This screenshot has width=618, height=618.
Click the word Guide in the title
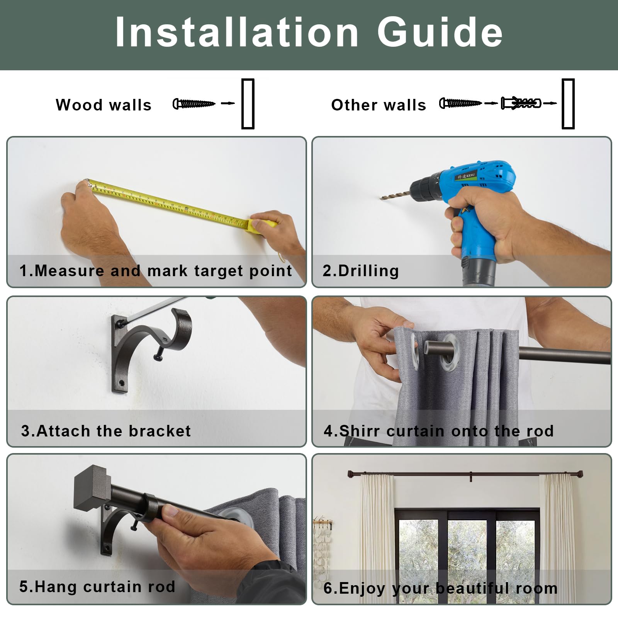pyautogui.click(x=440, y=32)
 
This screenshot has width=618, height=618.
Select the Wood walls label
pyautogui.click(x=104, y=105)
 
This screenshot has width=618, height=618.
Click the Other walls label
pyautogui.click(x=379, y=105)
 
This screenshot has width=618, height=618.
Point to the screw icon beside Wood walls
pyautogui.click(x=194, y=104)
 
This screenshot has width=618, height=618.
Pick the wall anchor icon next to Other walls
pyautogui.click(x=521, y=103)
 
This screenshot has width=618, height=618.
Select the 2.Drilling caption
pyautogui.click(x=361, y=271)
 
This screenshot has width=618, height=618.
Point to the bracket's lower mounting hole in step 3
pyautogui.click(x=121, y=384)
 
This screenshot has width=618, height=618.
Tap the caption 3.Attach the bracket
pyautogui.click(x=106, y=431)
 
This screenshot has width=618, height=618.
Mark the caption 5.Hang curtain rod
pyautogui.click(x=97, y=587)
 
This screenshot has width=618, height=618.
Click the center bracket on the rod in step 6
pyautogui.click(x=471, y=476)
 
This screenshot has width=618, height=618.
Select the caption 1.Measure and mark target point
pyautogui.click(x=156, y=271)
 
